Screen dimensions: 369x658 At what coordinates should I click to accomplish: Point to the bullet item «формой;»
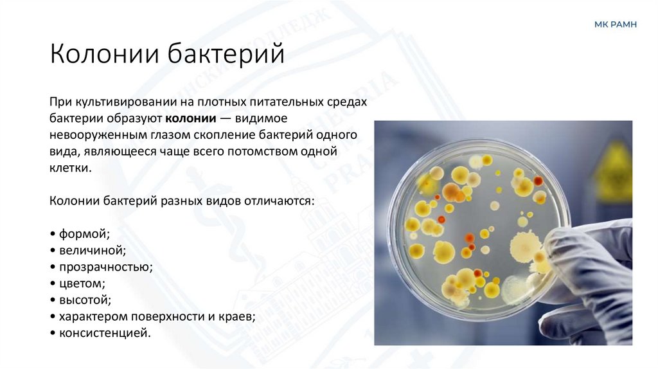[80, 232]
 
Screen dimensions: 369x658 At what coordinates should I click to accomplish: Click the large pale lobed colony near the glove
[528, 247]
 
